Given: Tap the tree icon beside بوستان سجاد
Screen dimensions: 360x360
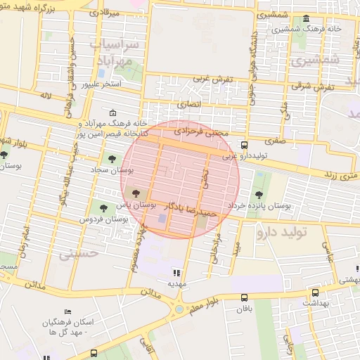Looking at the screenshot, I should (110, 159).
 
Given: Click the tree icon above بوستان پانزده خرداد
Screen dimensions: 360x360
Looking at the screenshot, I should (259, 193).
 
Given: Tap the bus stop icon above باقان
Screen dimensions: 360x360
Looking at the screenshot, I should (244, 297).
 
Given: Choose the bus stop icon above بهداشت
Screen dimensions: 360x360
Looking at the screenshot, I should (314, 292).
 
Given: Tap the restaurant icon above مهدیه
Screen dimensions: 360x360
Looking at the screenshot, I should (176, 272).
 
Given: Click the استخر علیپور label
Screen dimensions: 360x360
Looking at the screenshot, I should (101, 84).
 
